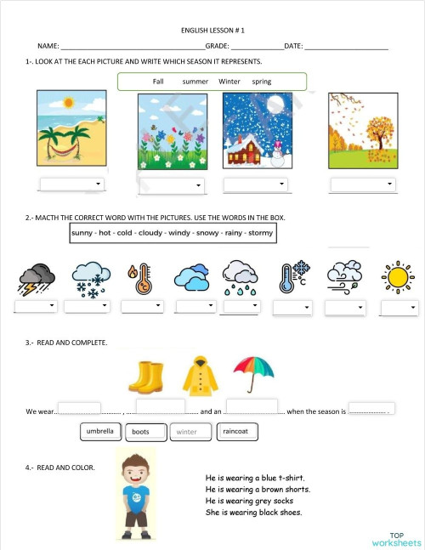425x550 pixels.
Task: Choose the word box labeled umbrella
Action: pos(100,432)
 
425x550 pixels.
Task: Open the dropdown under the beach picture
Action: pos(71,184)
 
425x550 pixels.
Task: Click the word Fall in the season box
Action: pos(158,82)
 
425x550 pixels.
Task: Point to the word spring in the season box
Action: pos(262,82)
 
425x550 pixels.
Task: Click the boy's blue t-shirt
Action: pos(137,495)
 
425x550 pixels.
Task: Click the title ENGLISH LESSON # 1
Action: pos(212,30)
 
